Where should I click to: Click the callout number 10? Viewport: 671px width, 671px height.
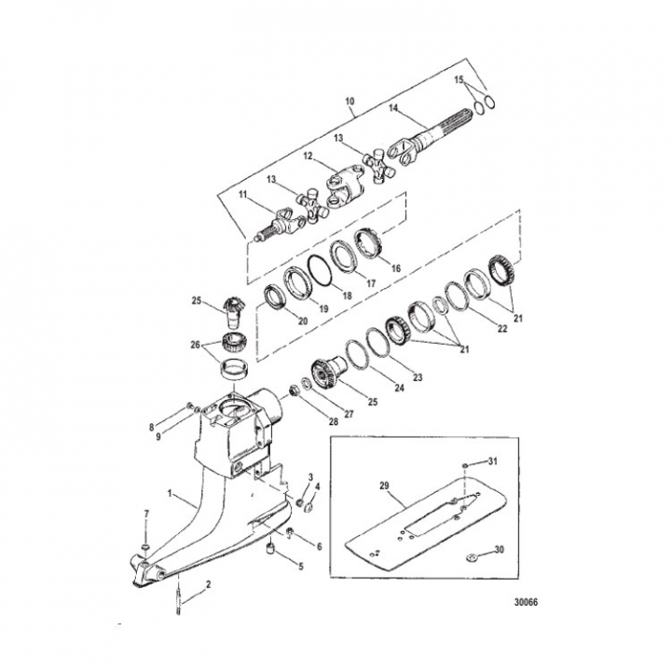click(x=349, y=102)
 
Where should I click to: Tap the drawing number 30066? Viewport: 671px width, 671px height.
click(x=526, y=602)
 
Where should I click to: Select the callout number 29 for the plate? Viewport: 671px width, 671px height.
click(x=384, y=486)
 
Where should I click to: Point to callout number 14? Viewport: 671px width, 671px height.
click(x=393, y=108)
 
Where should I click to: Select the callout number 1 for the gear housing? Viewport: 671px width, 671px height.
click(x=170, y=493)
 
